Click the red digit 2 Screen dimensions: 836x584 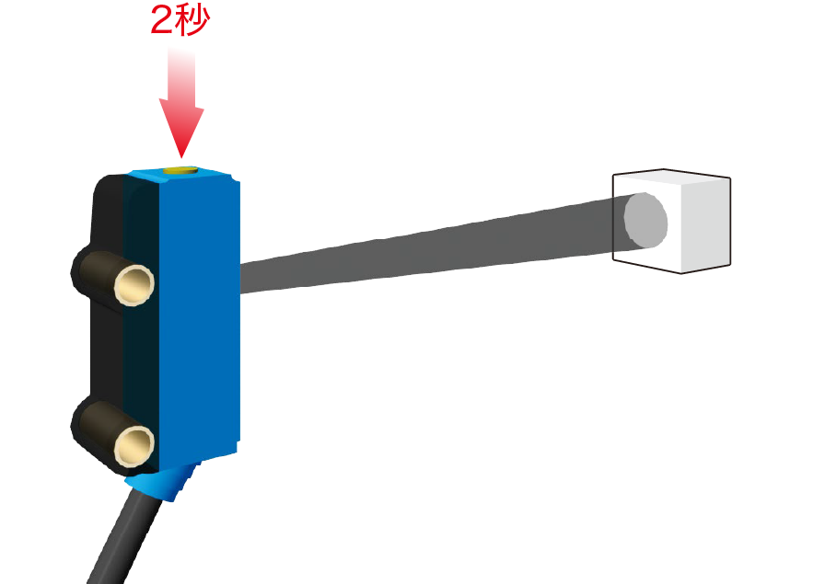162,21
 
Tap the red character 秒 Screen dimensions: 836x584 192,21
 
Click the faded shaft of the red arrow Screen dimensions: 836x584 181,77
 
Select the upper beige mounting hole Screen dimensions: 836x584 134,285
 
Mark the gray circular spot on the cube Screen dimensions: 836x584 645,221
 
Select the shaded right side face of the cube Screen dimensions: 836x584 706,224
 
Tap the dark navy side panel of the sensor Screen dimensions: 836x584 141,325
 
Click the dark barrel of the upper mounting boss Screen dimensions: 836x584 99,271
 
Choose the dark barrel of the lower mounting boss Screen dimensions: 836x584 99,431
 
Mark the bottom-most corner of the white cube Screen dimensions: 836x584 681,274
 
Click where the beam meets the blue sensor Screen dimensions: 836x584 240,278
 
